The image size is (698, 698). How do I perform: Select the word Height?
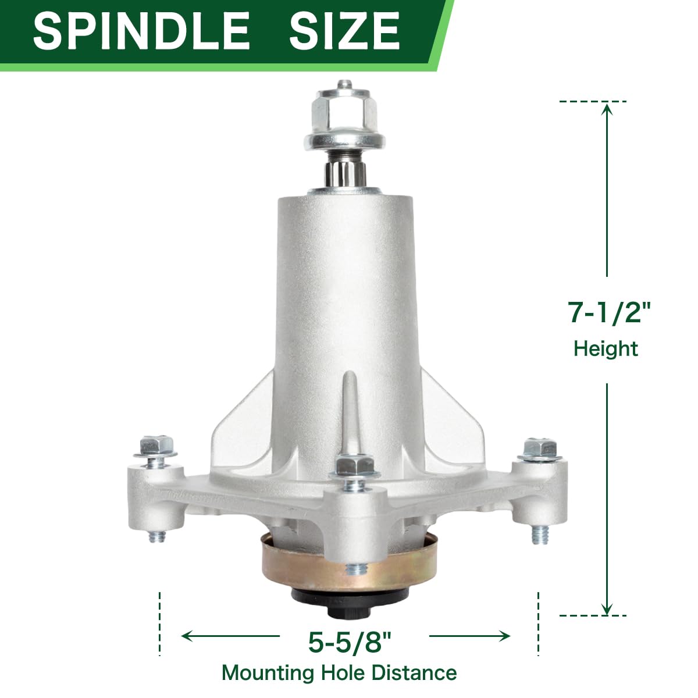606,348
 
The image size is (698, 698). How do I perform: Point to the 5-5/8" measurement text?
350,642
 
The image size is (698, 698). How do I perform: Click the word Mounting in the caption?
268,673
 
